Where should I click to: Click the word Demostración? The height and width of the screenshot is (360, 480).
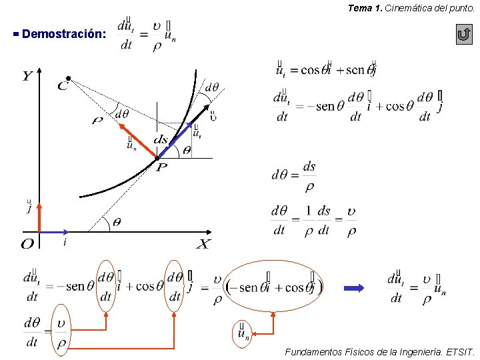click(63, 33)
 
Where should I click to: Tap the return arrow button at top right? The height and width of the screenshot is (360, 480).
click(464, 35)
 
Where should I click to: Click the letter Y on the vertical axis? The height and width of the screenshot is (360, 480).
click(27, 76)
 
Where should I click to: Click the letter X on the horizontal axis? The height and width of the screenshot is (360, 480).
click(203, 244)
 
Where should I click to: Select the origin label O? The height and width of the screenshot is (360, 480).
click(27, 244)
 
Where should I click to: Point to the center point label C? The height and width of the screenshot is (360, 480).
click(63, 85)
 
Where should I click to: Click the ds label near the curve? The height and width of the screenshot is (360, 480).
click(161, 140)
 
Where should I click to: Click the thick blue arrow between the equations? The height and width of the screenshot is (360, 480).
click(354, 288)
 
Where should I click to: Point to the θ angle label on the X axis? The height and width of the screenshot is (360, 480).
click(116, 223)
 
